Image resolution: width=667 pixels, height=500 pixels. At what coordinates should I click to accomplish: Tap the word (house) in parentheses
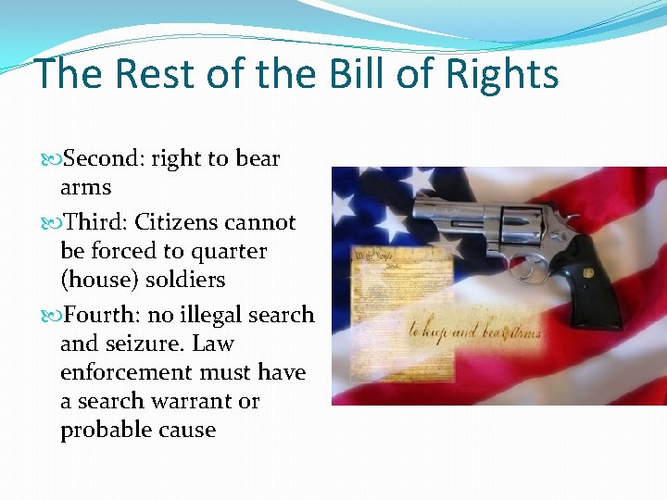97,280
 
